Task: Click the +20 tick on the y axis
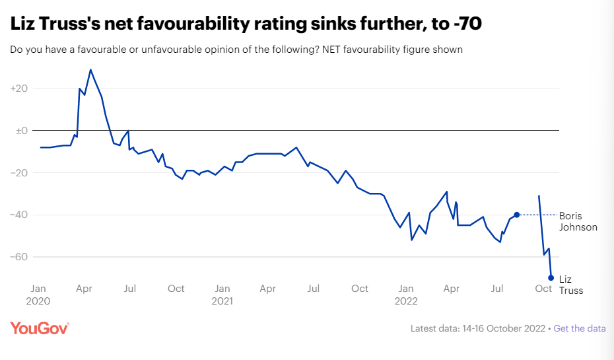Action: (18, 89)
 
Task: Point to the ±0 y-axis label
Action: (19, 131)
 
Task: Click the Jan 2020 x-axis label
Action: (39, 295)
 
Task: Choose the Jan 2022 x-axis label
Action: (406, 295)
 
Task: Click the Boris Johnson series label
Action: (578, 221)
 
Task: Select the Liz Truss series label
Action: (571, 285)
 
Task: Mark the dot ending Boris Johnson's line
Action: (517, 215)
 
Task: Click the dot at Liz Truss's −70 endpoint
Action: (551, 277)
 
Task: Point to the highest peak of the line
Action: (90, 69)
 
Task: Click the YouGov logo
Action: (40, 328)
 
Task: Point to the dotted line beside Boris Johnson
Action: (538, 215)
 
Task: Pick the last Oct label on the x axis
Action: (543, 289)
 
